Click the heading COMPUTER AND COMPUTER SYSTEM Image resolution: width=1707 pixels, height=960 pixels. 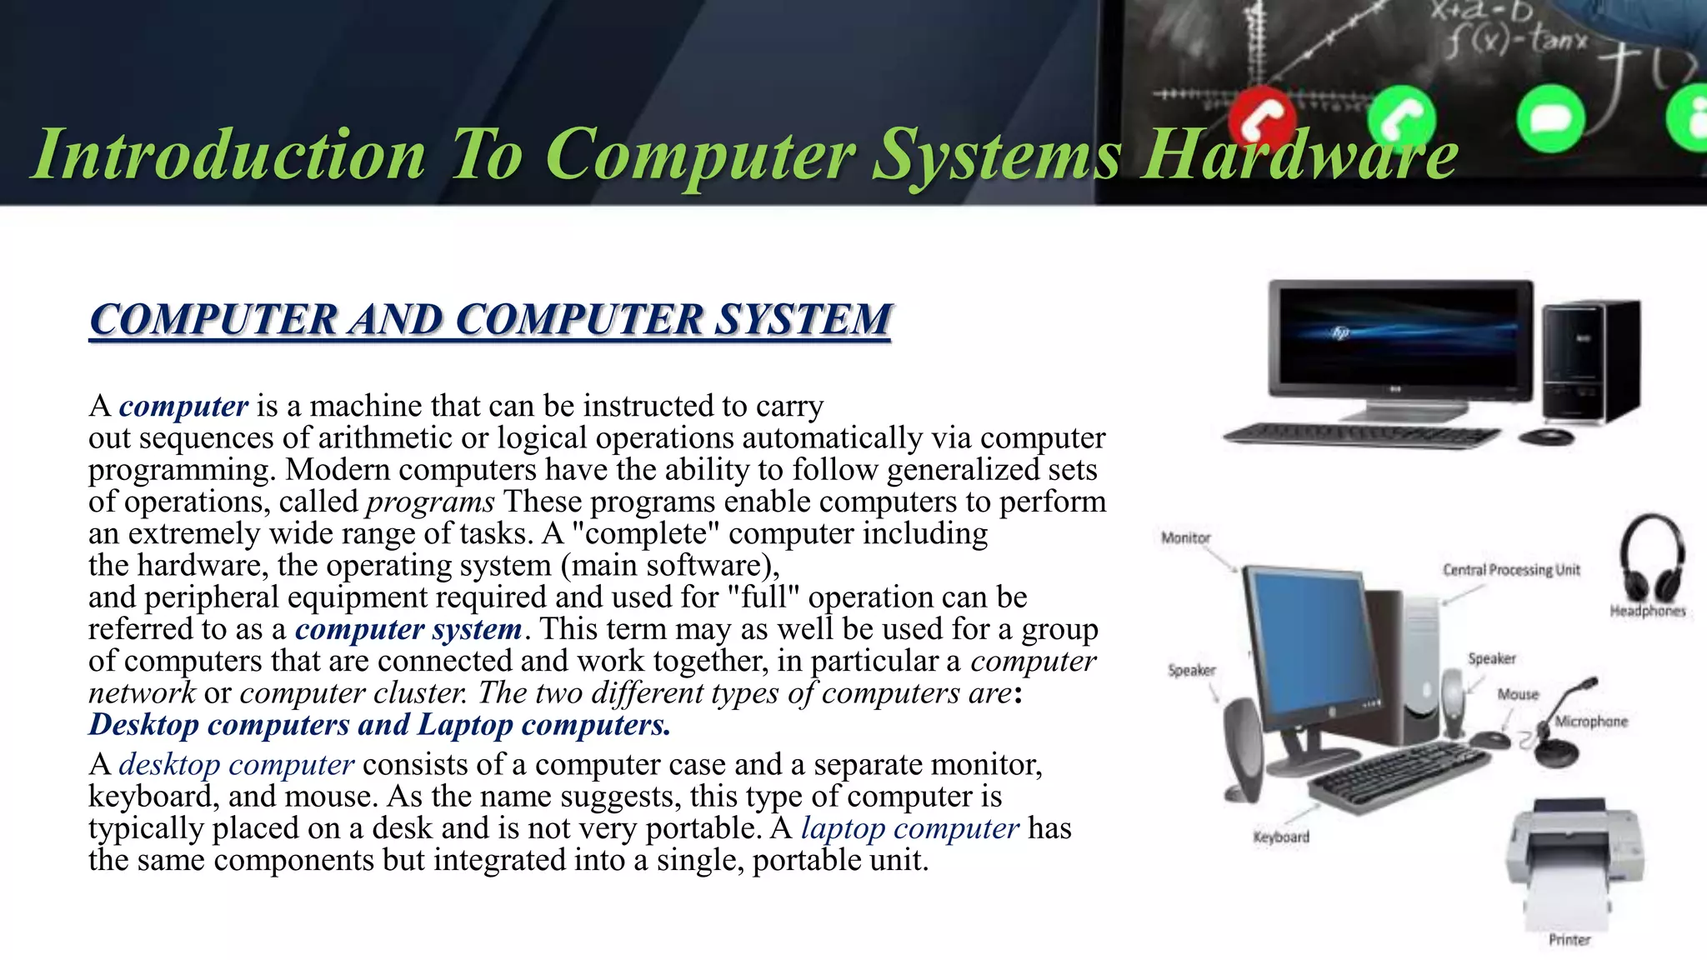pyautogui.click(x=490, y=320)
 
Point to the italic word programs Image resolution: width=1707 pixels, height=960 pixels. pyautogui.click(x=430, y=502)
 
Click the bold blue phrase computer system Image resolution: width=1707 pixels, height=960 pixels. pyautogui.click(x=408, y=629)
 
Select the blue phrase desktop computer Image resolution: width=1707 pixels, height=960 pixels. pyautogui.click(x=236, y=764)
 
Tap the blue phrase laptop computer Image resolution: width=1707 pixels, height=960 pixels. pyautogui.click(x=909, y=828)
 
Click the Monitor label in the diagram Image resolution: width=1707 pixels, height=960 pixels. pyautogui.click(x=1185, y=538)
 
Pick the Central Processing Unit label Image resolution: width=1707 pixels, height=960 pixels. pyautogui.click(x=1511, y=570)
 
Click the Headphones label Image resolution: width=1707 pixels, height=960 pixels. pyautogui.click(x=1647, y=612)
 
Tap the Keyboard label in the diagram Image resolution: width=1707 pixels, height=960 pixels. pyautogui.click(x=1281, y=837)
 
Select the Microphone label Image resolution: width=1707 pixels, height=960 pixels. pyautogui.click(x=1591, y=722)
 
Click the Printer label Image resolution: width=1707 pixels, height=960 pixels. pyautogui.click(x=1569, y=940)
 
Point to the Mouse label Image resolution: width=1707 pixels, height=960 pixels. pyautogui.click(x=1518, y=694)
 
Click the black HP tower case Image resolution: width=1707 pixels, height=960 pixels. pyautogui.click(x=1590, y=362)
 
